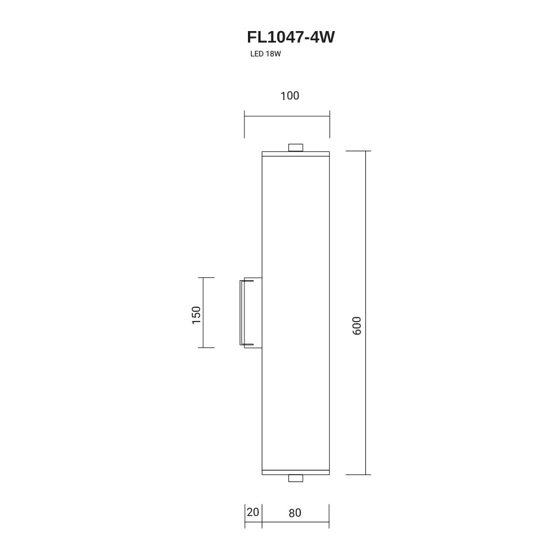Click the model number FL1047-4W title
click(x=291, y=37)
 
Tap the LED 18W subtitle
click(x=265, y=54)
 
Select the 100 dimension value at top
click(x=290, y=95)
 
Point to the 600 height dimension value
click(x=357, y=326)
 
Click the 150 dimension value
click(x=196, y=315)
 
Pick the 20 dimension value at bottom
click(x=253, y=513)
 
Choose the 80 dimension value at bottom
click(x=295, y=513)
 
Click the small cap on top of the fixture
click(x=296, y=147)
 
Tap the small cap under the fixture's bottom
click(x=296, y=478)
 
